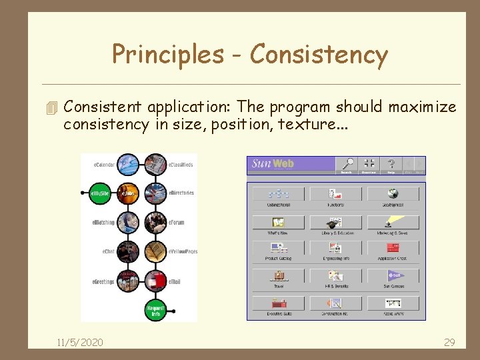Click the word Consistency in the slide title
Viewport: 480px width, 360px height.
coord(319,55)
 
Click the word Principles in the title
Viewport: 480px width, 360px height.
coord(168,55)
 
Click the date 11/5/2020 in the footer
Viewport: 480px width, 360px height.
coord(79,342)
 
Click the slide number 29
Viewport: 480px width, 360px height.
coord(449,342)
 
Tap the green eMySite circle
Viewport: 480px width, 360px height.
coord(101,193)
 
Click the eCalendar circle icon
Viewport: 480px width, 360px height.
coord(128,164)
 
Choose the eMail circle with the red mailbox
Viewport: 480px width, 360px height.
coord(155,281)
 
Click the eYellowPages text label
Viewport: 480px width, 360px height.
coord(183,251)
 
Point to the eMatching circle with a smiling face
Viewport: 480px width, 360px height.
coord(128,222)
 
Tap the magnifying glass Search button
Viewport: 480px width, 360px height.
coord(347,165)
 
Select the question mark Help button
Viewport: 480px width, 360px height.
coord(391,165)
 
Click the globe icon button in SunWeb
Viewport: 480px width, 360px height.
coord(393,193)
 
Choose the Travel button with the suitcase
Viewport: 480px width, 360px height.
coord(278,275)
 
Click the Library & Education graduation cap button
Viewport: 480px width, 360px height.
coord(335,222)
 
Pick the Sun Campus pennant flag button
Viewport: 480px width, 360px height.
coord(393,275)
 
